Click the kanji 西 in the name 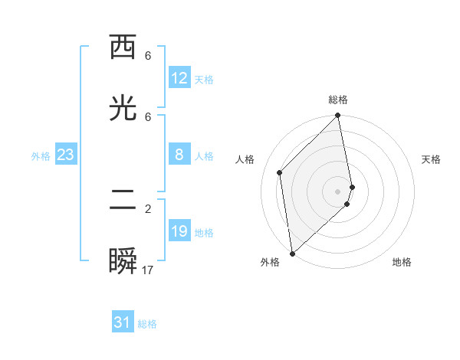pos(123,48)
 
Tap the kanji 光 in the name pos(123,109)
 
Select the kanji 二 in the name pos(123,201)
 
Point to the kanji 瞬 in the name pos(123,262)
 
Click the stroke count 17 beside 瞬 pos(148,270)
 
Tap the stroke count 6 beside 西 pos(148,56)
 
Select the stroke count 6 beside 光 pos(148,116)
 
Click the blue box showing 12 pos(179,78)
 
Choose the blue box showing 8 pos(179,155)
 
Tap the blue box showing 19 pos(179,231)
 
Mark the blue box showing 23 pos(66,155)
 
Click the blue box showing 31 pos(123,322)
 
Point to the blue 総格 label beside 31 pos(147,324)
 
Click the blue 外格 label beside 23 pos(41,156)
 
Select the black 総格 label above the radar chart pos(338,100)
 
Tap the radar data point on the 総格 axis pos(338,116)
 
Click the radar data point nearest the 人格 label pos(280,172)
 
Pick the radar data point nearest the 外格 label pos(292,253)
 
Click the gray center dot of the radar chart pos(338,191)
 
